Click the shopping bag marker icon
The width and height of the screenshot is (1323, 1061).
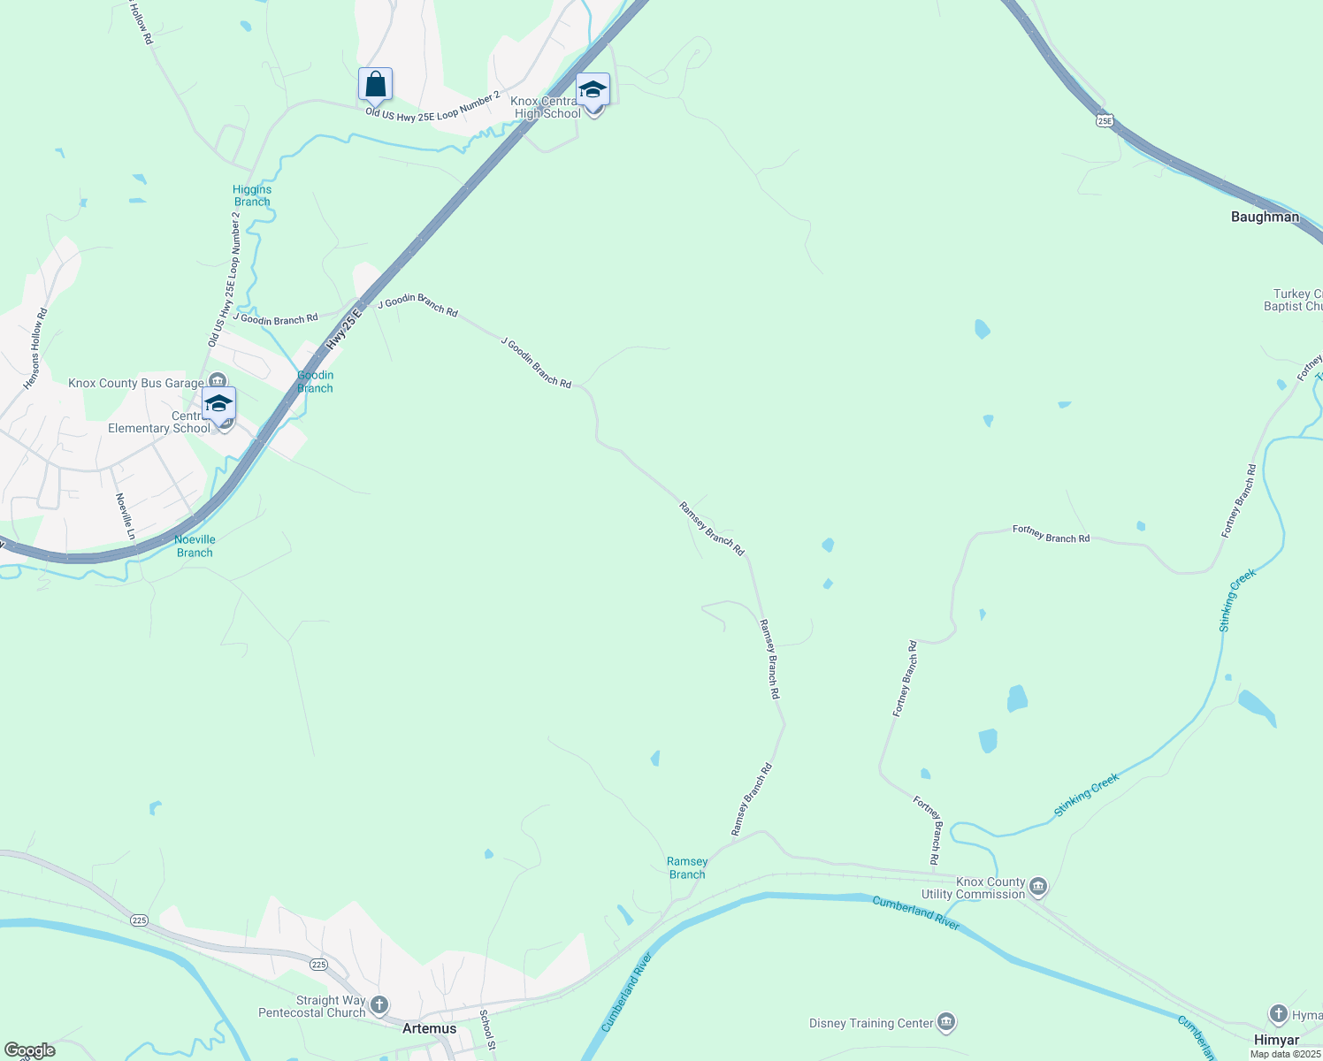click(x=375, y=85)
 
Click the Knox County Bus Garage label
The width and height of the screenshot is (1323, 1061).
click(x=135, y=383)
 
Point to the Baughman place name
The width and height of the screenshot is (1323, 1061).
click(x=1265, y=217)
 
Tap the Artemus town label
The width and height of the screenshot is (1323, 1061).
click(x=429, y=1028)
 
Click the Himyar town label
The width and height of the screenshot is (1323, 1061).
click(x=1276, y=1040)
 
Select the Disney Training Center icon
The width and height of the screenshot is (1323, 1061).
click(x=946, y=1023)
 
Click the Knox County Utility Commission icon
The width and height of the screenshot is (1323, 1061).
click(x=1038, y=885)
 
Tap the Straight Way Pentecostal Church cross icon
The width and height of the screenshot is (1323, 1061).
click(x=379, y=1004)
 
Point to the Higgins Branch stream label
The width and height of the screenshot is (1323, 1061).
click(x=252, y=195)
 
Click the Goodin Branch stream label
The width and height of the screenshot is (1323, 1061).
click(x=315, y=381)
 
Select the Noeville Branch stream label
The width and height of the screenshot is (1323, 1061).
click(x=195, y=546)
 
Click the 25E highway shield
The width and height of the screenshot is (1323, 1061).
click(x=1104, y=119)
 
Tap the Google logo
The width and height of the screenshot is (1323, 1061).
click(x=29, y=1050)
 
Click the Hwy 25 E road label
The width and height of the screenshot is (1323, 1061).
click(x=345, y=324)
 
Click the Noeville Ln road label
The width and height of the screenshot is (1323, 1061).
click(x=125, y=515)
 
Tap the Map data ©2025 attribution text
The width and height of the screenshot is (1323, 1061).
click(x=1285, y=1053)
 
